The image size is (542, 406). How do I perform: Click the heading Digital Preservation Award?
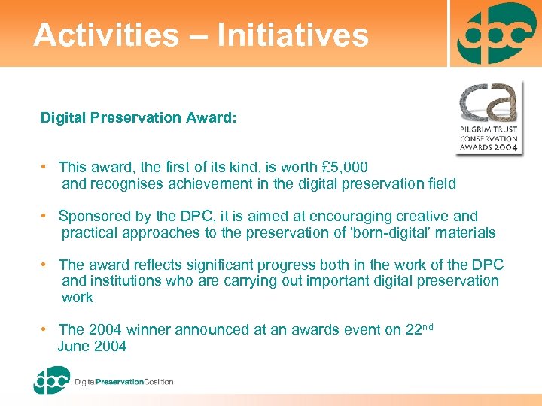(x=139, y=117)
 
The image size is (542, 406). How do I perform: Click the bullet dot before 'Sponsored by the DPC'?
(x=46, y=216)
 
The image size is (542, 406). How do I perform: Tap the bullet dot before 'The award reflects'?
(x=46, y=265)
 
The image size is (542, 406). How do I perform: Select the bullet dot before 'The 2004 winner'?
(x=46, y=329)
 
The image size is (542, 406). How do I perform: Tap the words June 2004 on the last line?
(x=92, y=346)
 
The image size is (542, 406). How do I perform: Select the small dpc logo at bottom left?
(x=51, y=380)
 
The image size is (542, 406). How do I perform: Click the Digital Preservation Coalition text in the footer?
(x=124, y=382)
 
